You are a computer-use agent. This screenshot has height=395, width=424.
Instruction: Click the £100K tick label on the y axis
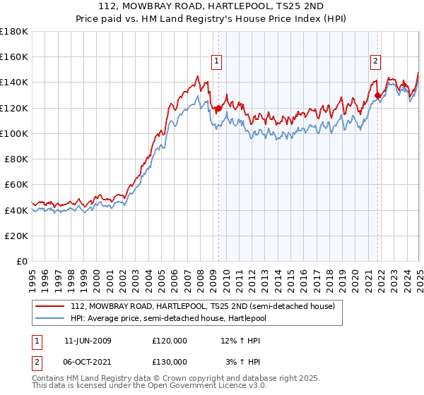pyautogui.click(x=14, y=133)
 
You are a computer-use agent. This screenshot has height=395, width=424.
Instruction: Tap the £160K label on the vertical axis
pyautogui.click(x=14, y=57)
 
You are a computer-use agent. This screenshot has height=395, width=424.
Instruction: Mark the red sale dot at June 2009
pyautogui.click(x=218, y=108)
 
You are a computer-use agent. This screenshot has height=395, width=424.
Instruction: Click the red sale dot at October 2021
pyautogui.click(x=378, y=95)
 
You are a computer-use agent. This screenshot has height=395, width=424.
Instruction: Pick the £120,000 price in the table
pyautogui.click(x=169, y=341)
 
